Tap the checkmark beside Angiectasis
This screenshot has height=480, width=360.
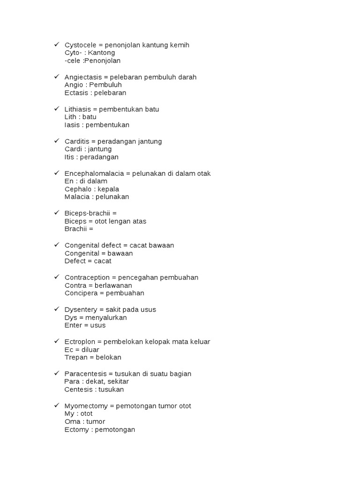click(56, 76)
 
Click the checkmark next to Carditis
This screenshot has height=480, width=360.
click(56, 141)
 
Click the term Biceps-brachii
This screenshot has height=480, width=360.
click(88, 213)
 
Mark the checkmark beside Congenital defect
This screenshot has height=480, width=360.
click(56, 245)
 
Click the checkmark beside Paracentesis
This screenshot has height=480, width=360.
click(56, 373)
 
